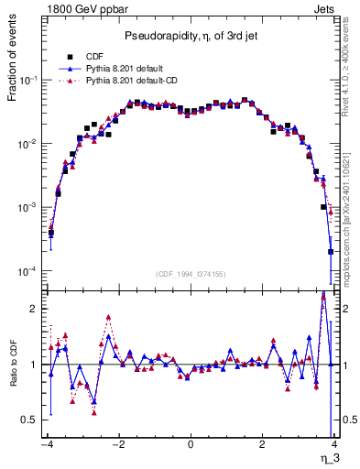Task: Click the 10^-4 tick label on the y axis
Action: [28, 272]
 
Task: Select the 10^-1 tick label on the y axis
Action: [28, 81]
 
